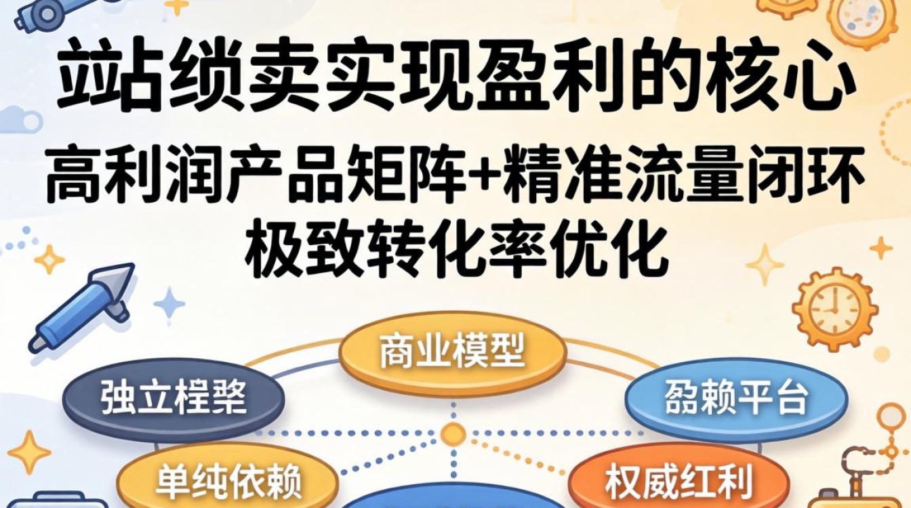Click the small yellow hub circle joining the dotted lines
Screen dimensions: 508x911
coord(453,432)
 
